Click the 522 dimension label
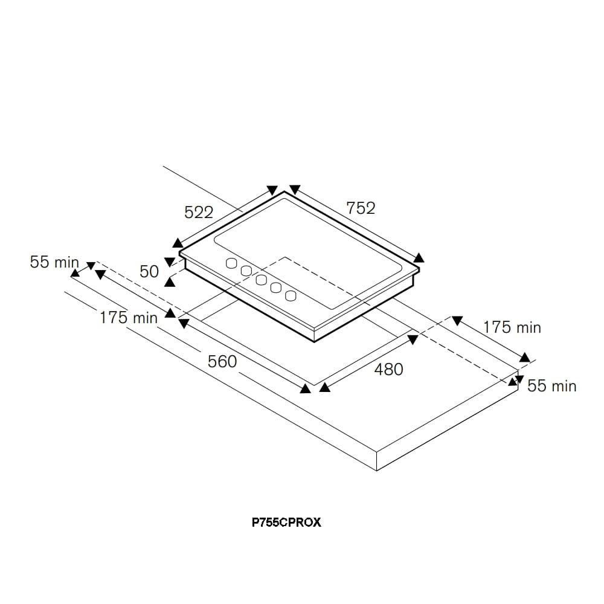click(199, 213)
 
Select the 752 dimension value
click(361, 208)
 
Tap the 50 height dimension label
click(149, 272)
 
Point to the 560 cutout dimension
click(222, 362)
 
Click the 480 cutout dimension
click(388, 369)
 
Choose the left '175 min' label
click(128, 318)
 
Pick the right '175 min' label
click(512, 327)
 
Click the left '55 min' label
click(54, 262)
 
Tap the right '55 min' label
click(551, 386)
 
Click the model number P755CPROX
click(286, 522)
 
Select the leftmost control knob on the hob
click(231, 263)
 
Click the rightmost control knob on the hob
click(291, 295)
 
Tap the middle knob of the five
click(261, 280)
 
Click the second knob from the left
click(246, 271)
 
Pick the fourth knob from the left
click(276, 288)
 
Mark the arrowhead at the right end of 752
click(419, 258)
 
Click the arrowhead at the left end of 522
click(177, 243)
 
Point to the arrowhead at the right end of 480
click(413, 340)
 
